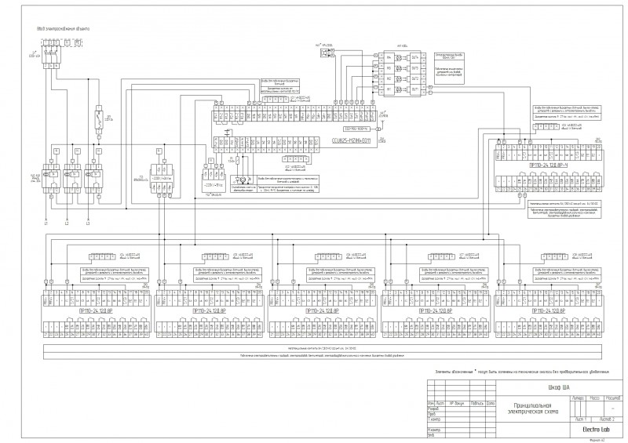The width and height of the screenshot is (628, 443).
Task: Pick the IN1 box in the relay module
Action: [x=388, y=90]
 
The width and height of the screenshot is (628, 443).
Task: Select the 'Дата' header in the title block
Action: [x=491, y=403]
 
